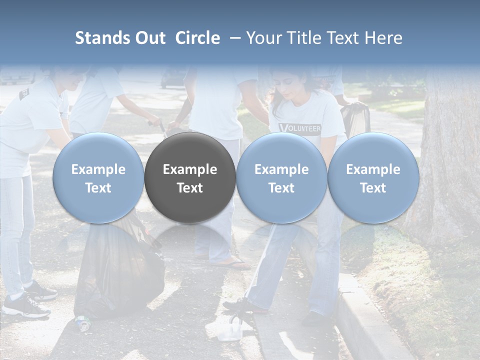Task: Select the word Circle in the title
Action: click(x=197, y=38)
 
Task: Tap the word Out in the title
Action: click(x=149, y=38)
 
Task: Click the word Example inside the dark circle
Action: click(x=190, y=169)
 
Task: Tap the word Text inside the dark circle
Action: click(x=190, y=188)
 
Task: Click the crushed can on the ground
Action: click(x=83, y=323)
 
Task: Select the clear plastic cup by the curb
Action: click(x=230, y=330)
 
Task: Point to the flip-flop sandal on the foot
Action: click(x=231, y=263)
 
